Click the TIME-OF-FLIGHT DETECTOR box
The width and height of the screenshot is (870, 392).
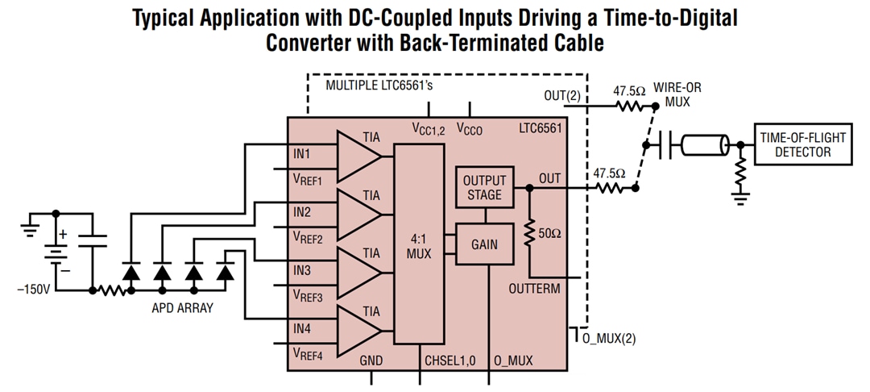[802, 144]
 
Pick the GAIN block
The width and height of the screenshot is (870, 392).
[484, 244]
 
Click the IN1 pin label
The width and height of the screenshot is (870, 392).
[302, 153]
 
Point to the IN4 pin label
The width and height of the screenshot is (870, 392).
[302, 328]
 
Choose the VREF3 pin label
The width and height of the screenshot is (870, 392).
[308, 296]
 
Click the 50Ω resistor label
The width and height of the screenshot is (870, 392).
[550, 233]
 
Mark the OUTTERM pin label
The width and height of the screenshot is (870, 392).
[534, 288]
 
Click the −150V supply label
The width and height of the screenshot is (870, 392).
[33, 288]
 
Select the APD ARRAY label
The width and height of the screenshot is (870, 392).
[182, 308]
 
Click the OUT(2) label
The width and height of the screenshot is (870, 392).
[561, 95]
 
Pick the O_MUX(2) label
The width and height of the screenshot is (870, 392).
[608, 338]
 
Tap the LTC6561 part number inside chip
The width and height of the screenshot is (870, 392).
[541, 127]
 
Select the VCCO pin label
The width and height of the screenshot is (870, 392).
[470, 128]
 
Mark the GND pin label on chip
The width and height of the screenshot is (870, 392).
[371, 361]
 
